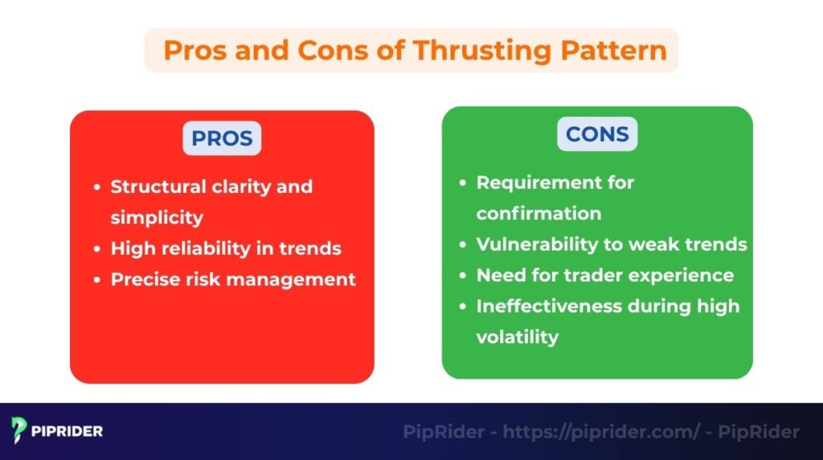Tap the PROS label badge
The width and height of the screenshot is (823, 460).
pyautogui.click(x=221, y=138)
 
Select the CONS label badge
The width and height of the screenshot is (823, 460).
pyautogui.click(x=597, y=133)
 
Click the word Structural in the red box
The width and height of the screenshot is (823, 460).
pyautogui.click(x=158, y=187)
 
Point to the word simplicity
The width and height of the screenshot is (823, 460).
pyautogui.click(x=157, y=218)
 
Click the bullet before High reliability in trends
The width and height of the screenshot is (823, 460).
pyautogui.click(x=96, y=249)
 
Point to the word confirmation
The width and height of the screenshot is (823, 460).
pyautogui.click(x=538, y=213)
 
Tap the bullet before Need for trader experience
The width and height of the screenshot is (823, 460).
pyautogui.click(x=462, y=276)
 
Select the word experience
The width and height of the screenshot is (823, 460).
pyautogui.click(x=683, y=275)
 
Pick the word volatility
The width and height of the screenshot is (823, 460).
pyautogui.click(x=517, y=336)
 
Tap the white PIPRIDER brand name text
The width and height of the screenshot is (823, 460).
pyautogui.click(x=68, y=431)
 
